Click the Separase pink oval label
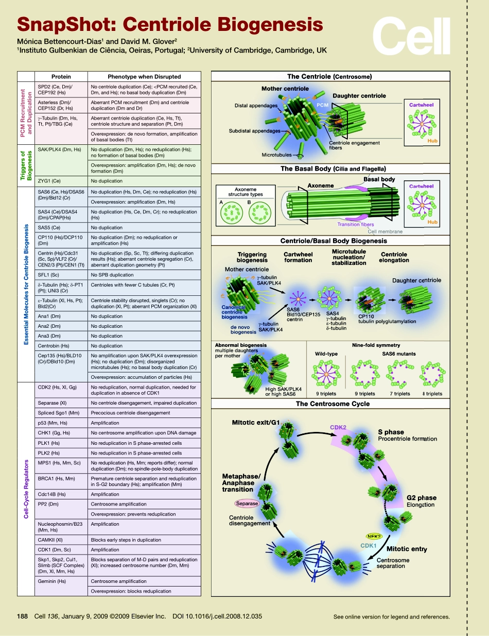pos(247,503)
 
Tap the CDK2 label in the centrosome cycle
pos(338,427)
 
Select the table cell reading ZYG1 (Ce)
pos(49,181)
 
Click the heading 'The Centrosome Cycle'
pos(332,404)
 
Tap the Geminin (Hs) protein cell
pos(52,581)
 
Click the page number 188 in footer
pos(23,616)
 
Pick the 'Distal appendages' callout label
pos(256,106)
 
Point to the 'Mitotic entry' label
pos(407,549)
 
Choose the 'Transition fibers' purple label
pos(355,224)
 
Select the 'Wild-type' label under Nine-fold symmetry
pos(326,354)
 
